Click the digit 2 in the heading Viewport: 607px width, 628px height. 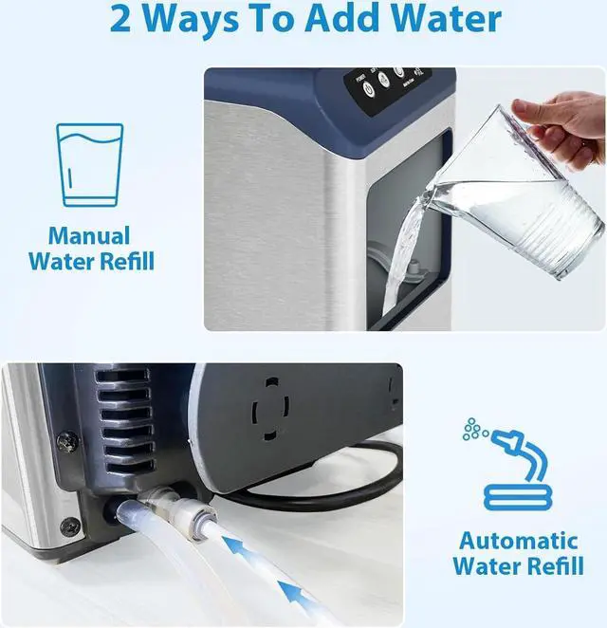[123, 19]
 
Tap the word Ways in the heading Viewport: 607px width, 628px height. [200, 19]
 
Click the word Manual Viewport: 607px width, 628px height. [89, 235]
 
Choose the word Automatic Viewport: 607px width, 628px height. [518, 542]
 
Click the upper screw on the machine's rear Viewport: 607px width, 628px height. [69, 442]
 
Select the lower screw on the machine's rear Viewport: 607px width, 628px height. [69, 526]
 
